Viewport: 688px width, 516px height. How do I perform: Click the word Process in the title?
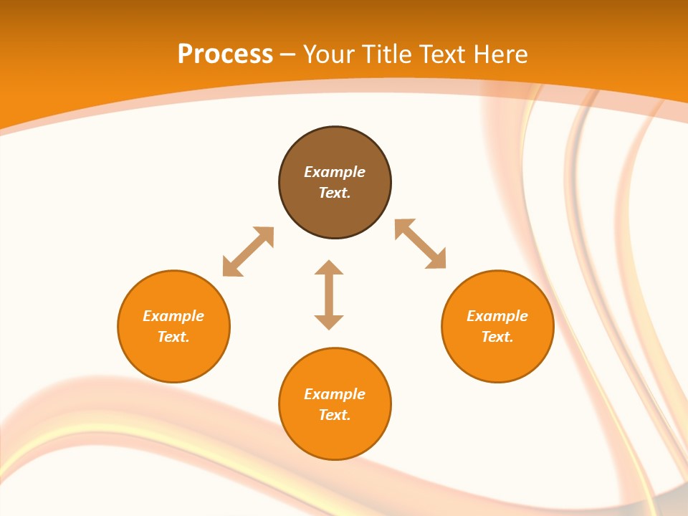coord(225,54)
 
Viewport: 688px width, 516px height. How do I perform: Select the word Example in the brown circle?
coord(335,172)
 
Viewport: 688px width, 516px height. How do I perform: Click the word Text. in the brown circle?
coord(335,193)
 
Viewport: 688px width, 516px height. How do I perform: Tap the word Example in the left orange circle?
coord(173,316)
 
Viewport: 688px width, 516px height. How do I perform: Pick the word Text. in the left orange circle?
coord(173,337)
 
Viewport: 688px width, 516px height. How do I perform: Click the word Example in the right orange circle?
coord(497,316)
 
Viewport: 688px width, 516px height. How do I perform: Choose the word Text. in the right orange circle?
coord(497,337)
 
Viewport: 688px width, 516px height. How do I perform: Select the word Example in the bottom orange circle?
coord(335,394)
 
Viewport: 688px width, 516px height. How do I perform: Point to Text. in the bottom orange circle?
coord(335,415)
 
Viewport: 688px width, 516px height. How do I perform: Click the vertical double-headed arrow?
coord(329,295)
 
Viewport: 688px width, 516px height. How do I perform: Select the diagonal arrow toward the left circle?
coord(248,252)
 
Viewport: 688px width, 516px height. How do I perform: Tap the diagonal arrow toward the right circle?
coord(420,244)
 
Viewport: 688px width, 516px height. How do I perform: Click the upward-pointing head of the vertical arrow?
coord(329,267)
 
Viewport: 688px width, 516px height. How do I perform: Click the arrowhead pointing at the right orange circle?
coord(437,260)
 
